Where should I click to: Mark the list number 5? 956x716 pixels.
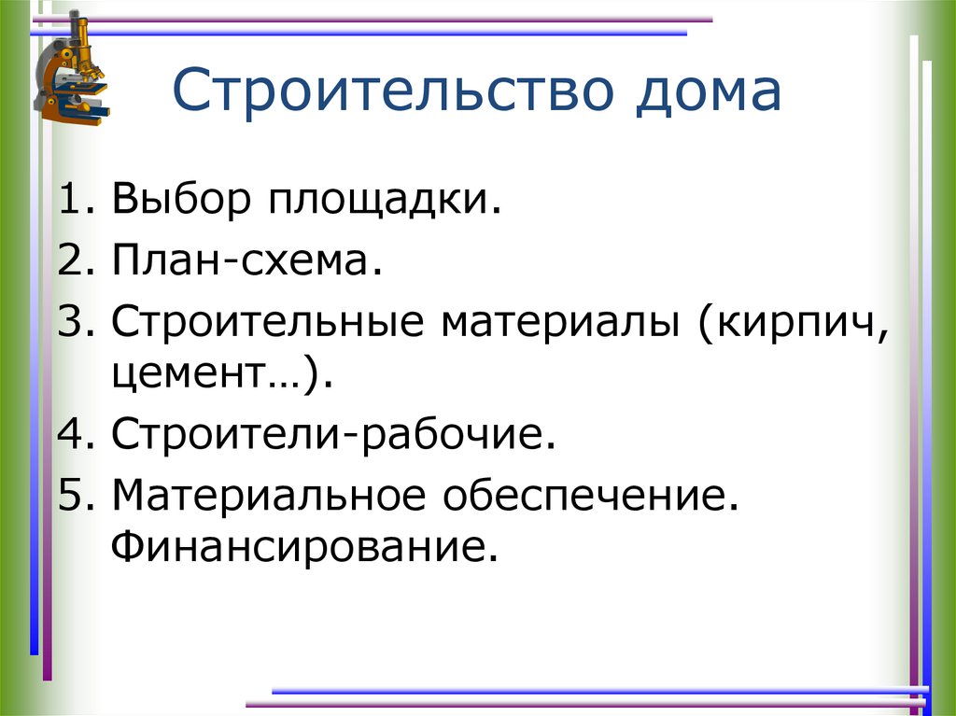(71, 495)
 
